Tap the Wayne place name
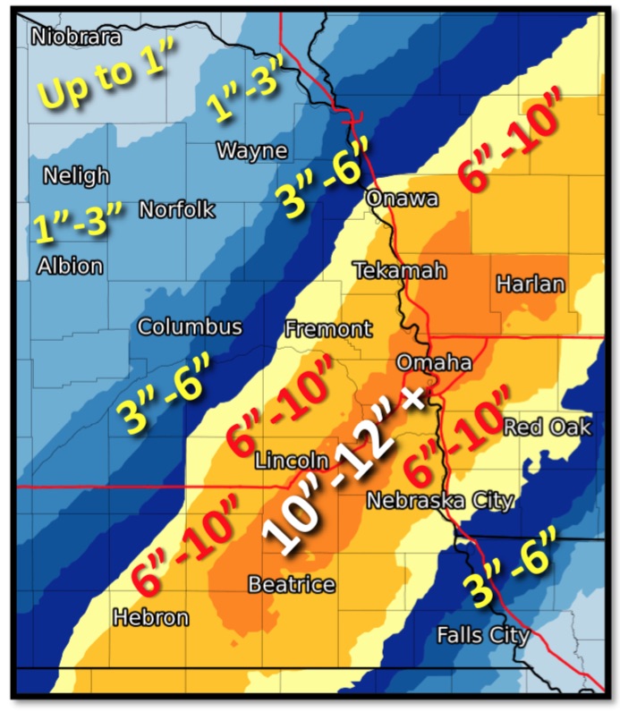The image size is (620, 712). [x=251, y=149]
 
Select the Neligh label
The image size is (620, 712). [x=77, y=175]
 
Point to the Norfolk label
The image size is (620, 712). [x=177, y=210]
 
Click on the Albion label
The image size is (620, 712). [x=70, y=266]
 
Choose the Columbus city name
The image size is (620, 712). [x=190, y=326]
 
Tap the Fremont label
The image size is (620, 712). [x=327, y=329]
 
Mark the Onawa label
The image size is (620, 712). [x=402, y=199]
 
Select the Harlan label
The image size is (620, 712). [x=531, y=284]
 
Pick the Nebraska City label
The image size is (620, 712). [x=439, y=499]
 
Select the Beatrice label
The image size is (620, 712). [x=292, y=585]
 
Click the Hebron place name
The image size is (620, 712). [x=150, y=617]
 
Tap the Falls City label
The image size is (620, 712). [x=483, y=635]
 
